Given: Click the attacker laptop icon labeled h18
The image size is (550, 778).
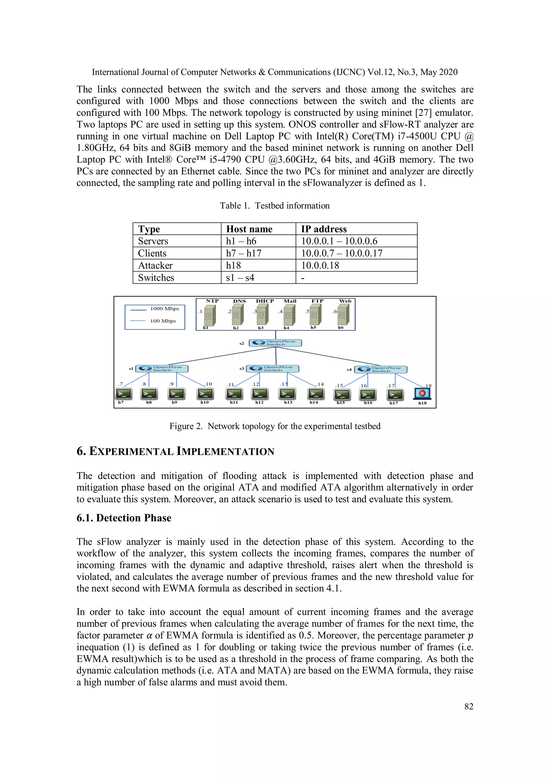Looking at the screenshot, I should (422, 393).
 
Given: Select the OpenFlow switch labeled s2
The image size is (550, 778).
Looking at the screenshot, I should (275, 343).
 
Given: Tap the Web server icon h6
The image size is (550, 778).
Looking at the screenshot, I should (343, 314).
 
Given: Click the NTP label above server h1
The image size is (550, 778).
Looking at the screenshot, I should (212, 301).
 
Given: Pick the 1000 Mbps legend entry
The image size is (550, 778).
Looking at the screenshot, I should (164, 309).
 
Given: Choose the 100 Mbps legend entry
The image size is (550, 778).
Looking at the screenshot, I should (163, 321).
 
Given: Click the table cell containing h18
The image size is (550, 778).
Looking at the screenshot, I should (233, 265).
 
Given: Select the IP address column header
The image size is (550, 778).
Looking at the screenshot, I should (324, 229).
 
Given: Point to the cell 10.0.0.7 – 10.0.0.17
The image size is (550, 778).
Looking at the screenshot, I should (342, 253).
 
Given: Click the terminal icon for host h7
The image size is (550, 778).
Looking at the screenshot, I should (123, 394).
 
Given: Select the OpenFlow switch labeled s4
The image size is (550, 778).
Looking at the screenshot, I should (381, 369).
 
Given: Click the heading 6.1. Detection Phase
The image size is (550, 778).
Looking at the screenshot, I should (124, 518).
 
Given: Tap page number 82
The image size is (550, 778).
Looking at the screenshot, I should (469, 707).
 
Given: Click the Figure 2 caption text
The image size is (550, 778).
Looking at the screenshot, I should (275, 426).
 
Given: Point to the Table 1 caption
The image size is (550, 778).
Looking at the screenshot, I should (274, 206).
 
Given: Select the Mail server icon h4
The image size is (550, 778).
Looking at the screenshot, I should (289, 314).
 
